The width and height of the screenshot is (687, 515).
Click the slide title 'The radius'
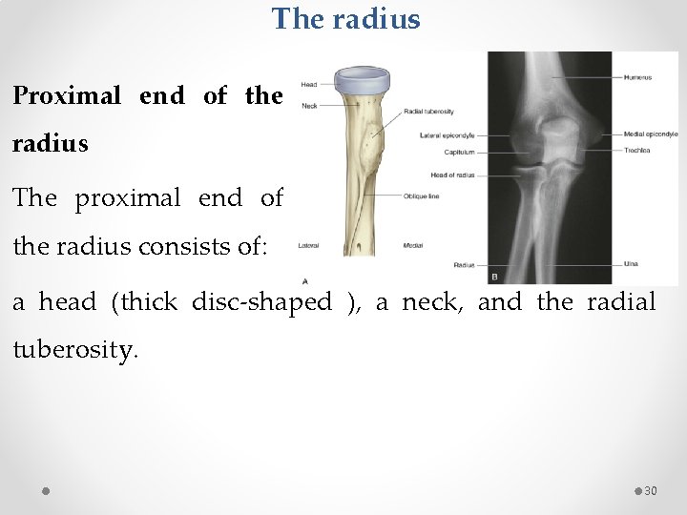coord(345,19)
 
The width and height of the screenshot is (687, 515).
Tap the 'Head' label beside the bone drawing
coord(309,85)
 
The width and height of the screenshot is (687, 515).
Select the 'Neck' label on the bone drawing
coord(309,106)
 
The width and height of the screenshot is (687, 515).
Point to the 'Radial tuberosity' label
coord(428,112)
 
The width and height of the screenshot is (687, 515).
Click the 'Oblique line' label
coord(422,196)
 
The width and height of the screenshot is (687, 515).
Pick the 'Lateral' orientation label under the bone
coord(308,245)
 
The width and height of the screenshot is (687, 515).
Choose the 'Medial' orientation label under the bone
coord(413,245)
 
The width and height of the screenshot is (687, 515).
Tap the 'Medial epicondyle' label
coord(651,134)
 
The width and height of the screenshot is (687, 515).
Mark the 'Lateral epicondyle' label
coord(447,135)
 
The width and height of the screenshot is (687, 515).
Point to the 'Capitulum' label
coord(459,152)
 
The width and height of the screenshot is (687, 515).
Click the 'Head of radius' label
coord(452,175)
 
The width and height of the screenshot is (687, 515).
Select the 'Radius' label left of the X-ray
coord(464,264)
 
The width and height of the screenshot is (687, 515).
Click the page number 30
coord(651,490)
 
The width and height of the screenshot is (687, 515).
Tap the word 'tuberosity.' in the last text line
coord(75,350)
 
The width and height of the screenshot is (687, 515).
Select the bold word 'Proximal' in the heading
coord(67,95)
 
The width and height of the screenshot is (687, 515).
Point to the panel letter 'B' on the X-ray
coord(494,277)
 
